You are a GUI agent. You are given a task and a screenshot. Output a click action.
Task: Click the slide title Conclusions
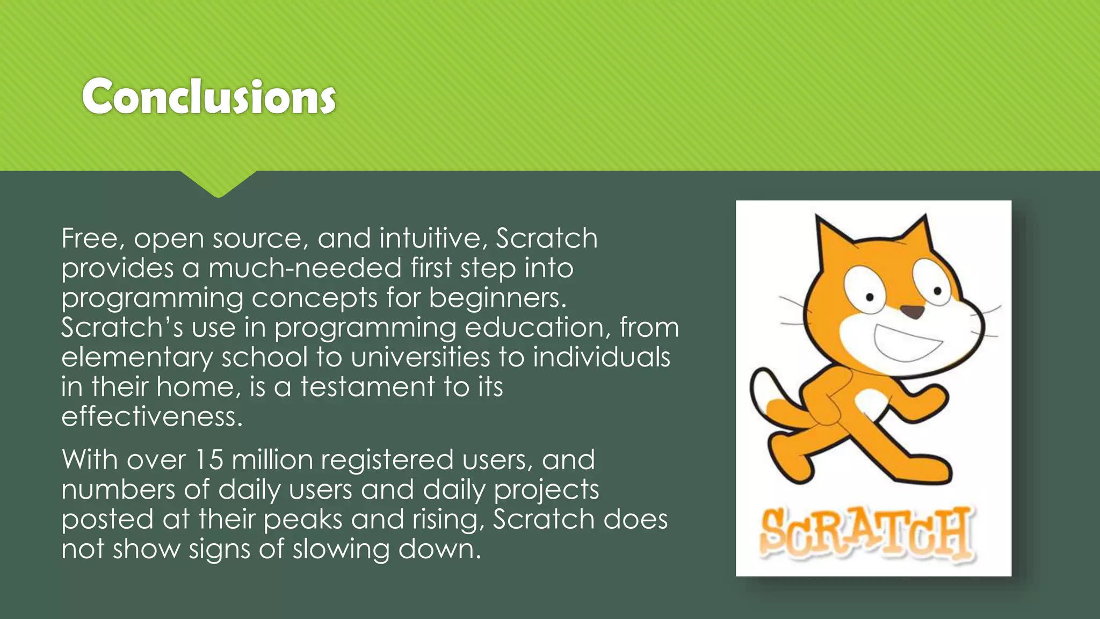pos(209,97)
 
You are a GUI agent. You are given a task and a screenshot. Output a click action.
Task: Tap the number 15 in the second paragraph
pos(208,460)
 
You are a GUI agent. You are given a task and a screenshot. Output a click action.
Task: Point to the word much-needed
pos(305,268)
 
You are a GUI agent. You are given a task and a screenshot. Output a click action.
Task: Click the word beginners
pos(497,298)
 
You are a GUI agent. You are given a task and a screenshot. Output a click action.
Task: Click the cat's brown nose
pos(911,311)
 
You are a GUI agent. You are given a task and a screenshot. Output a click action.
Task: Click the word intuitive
pos(433,238)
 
